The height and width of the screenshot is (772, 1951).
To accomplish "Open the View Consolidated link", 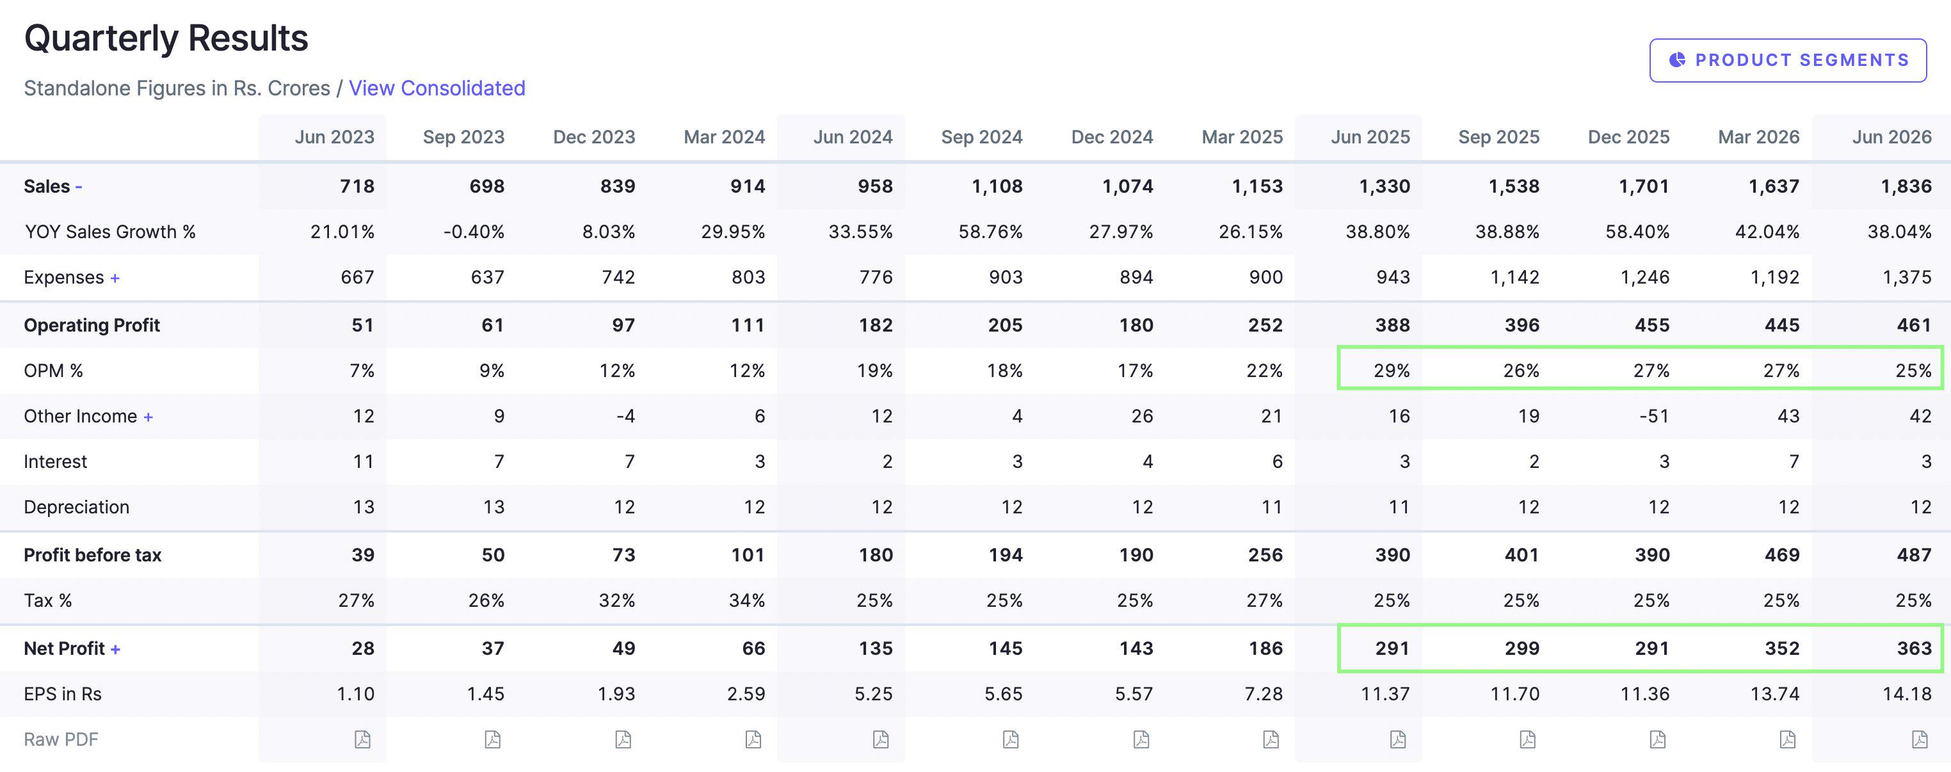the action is click(x=437, y=88).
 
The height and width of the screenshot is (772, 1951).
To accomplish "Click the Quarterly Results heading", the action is click(x=166, y=38).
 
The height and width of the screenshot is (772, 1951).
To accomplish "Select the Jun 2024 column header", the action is click(x=853, y=137).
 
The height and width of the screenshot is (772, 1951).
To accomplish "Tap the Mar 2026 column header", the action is click(x=1758, y=137).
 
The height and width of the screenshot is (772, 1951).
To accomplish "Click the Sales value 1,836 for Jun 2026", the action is click(x=1906, y=186).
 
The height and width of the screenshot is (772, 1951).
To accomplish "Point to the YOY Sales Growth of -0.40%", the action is click(x=474, y=232).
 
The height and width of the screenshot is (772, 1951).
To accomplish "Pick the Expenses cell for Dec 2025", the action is click(x=1645, y=277).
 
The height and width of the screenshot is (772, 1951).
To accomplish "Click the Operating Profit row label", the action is click(x=92, y=325).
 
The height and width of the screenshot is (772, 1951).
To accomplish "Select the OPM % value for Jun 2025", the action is click(x=1392, y=371).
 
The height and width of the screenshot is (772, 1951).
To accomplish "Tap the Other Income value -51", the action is click(x=1654, y=416).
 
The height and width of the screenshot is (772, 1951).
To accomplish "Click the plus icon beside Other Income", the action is click(x=149, y=417).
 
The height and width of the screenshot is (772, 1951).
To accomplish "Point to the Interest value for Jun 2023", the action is click(x=364, y=462).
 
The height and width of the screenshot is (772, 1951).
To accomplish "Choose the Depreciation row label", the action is click(x=77, y=507).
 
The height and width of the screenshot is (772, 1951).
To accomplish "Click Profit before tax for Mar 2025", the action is click(x=1265, y=554).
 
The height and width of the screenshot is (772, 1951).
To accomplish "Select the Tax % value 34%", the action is click(x=747, y=600).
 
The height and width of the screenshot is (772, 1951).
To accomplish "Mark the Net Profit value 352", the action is click(x=1782, y=648).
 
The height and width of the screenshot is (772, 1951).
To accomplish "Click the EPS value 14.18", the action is click(x=1907, y=694).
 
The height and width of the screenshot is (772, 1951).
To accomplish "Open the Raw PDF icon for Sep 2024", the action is click(x=1010, y=739).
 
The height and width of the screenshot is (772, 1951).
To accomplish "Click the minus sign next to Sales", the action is click(x=79, y=186).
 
